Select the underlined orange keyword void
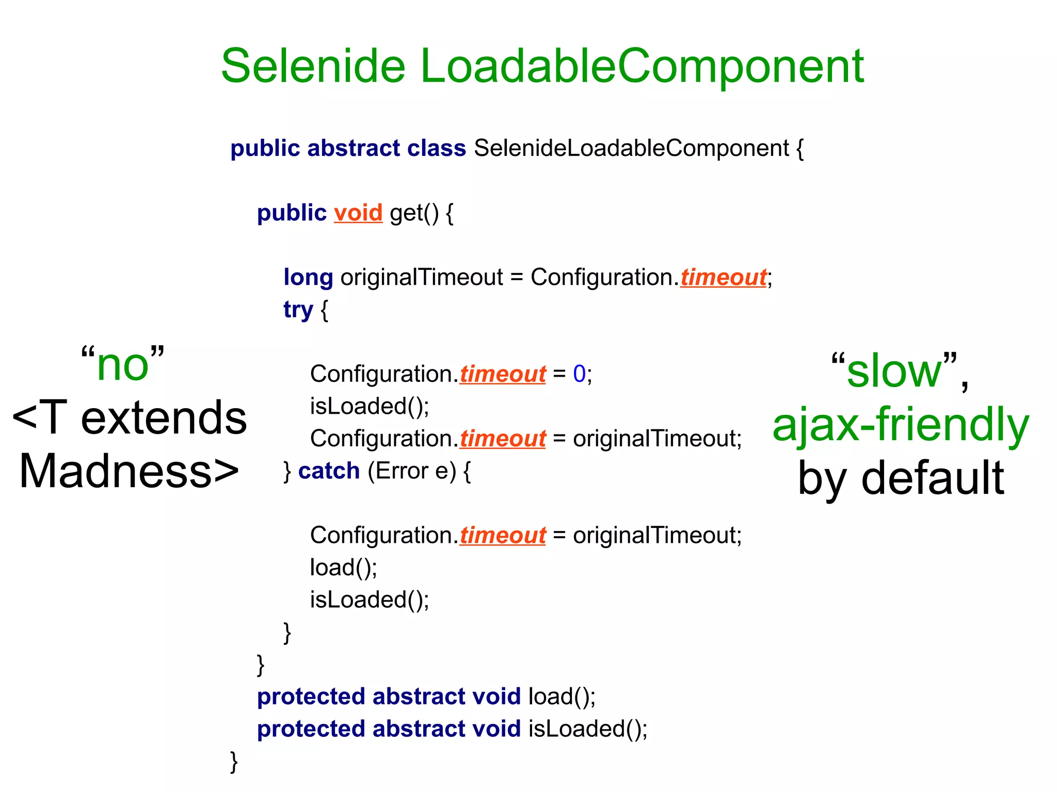[x=358, y=213]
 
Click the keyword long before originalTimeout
[x=308, y=278]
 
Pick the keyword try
[x=298, y=310]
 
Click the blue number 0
[x=579, y=374]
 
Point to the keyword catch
[x=329, y=471]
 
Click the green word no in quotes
[x=123, y=365]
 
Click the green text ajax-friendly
[x=901, y=424]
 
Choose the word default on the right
[x=933, y=478]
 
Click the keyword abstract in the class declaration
[x=354, y=149]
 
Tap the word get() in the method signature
[x=414, y=213]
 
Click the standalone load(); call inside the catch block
[x=344, y=568]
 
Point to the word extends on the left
[x=164, y=418]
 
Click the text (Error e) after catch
[x=412, y=471]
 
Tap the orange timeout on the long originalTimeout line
[x=723, y=278]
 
